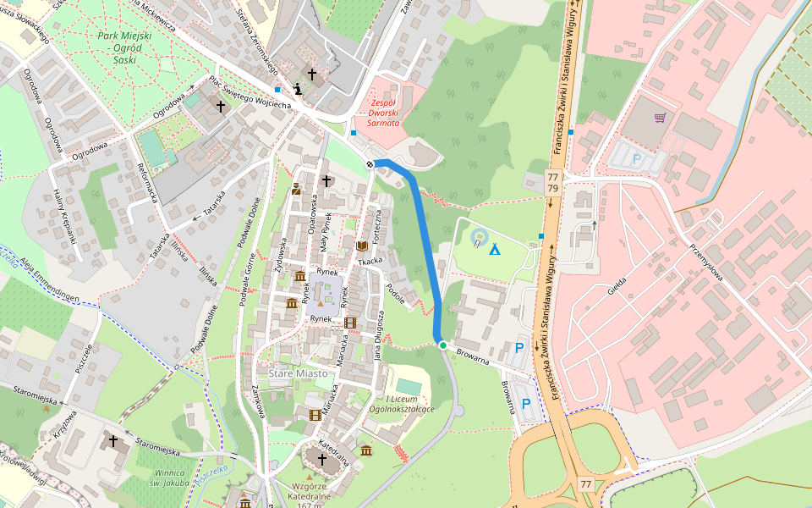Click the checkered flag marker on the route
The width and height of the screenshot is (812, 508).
pyautogui.click(x=370, y=163)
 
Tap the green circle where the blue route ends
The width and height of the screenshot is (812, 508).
pyautogui.click(x=442, y=345)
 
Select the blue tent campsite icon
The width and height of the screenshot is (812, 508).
pyautogui.click(x=494, y=250)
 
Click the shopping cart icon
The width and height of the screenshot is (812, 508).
pyautogui.click(x=660, y=118)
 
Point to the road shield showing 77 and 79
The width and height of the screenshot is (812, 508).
pyautogui.click(x=553, y=181)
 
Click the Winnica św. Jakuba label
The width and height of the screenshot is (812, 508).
pyautogui.click(x=162, y=478)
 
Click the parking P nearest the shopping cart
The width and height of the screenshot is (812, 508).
pyautogui.click(x=636, y=158)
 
